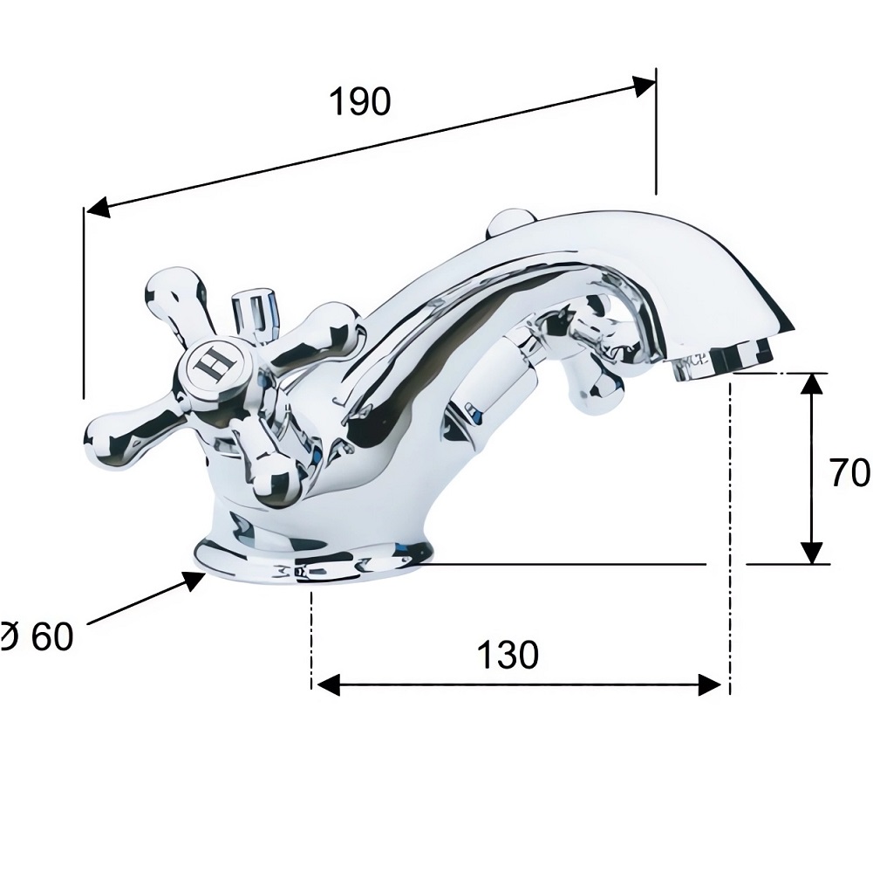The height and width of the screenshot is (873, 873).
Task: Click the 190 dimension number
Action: (360, 102)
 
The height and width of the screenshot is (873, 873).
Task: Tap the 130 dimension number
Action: (508, 655)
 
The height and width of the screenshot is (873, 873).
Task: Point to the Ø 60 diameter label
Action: (37, 636)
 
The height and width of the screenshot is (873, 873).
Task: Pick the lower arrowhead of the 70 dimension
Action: (814, 553)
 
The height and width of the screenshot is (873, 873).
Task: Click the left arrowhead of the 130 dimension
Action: (327, 684)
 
